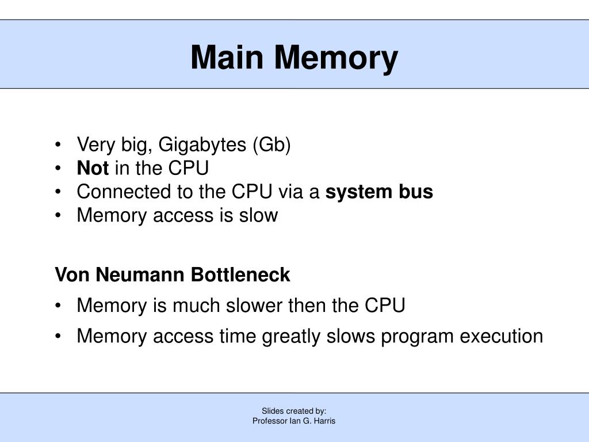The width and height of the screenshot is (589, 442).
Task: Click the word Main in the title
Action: (227, 58)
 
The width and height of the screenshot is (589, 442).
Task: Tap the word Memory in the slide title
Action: (336, 58)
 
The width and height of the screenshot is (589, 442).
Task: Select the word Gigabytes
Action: (202, 145)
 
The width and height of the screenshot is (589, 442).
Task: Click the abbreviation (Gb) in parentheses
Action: (271, 145)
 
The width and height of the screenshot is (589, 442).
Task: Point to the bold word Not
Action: (93, 168)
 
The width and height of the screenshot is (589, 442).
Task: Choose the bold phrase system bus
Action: (379, 191)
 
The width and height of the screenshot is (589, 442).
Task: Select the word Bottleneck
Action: (240, 275)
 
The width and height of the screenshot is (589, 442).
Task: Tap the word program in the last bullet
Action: (416, 336)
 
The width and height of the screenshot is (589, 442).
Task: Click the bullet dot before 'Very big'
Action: (59, 146)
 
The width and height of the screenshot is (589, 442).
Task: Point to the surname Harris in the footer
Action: (324, 421)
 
